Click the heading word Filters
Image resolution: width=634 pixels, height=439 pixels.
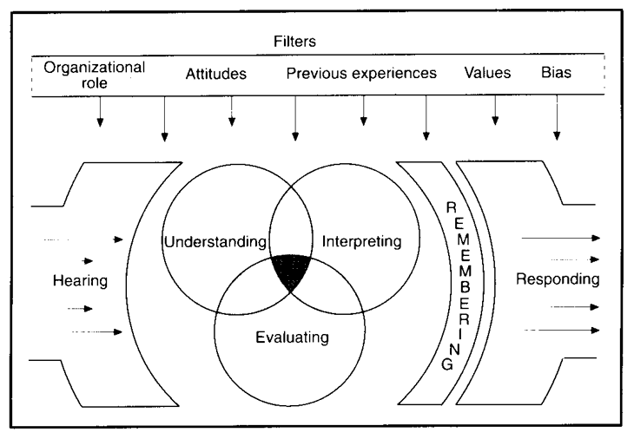[318, 40]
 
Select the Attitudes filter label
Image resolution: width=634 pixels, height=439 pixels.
[216, 75]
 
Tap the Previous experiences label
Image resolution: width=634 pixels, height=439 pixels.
[361, 75]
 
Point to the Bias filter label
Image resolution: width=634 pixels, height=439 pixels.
[556, 75]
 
